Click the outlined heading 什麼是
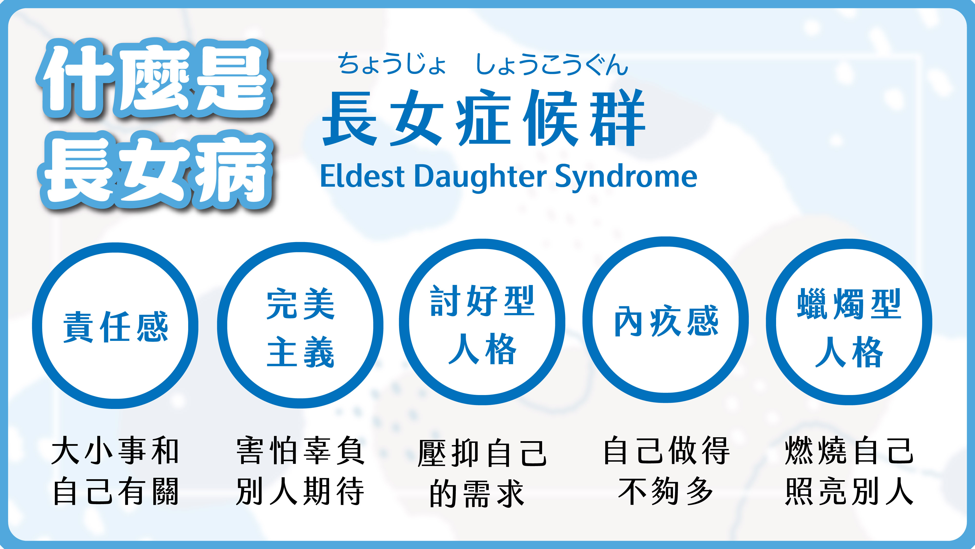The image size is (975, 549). coord(155,78)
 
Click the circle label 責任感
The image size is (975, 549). coord(116,327)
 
